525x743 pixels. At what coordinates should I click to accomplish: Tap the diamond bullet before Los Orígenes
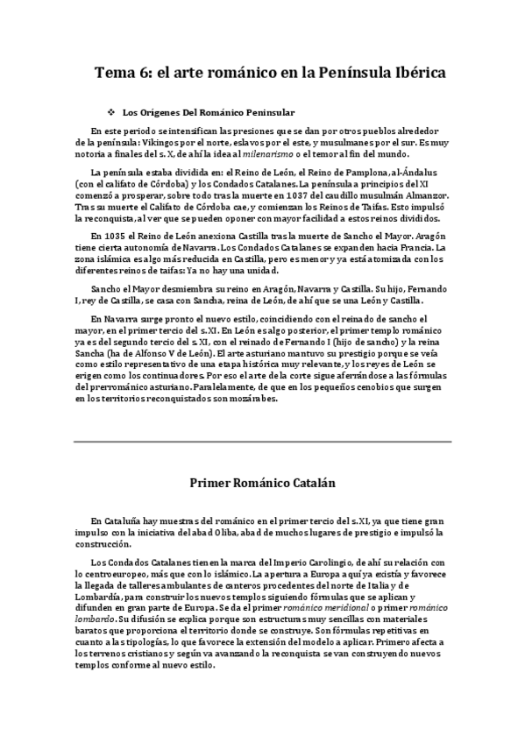[110, 112]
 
